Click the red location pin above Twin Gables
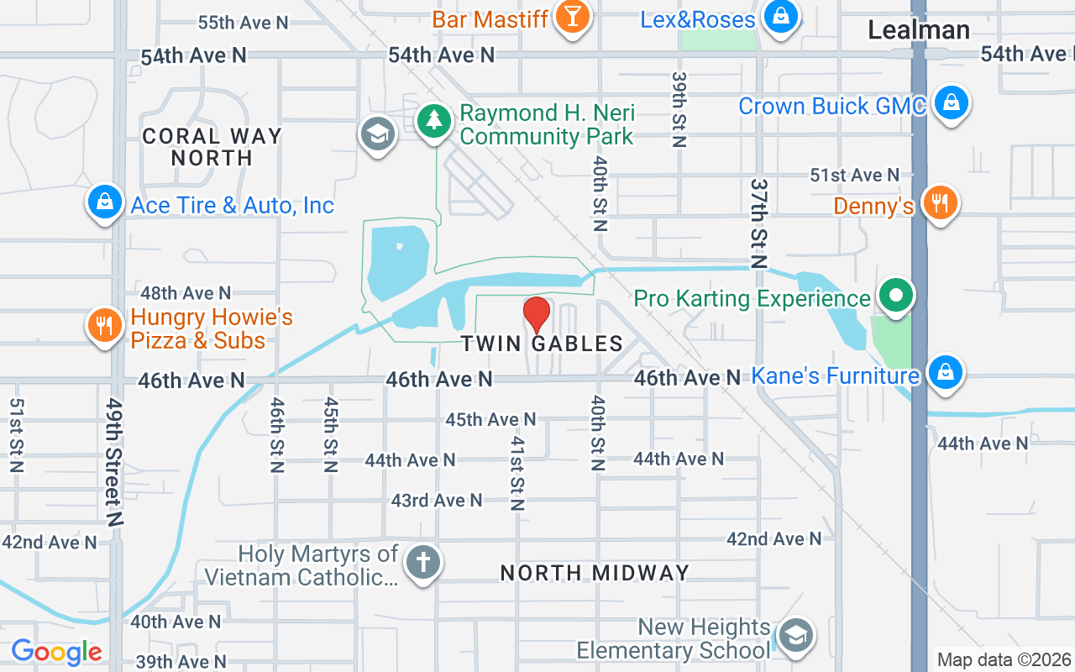pos(537,314)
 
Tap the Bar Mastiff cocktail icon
pos(573,16)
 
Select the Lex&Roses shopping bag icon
pos(780,16)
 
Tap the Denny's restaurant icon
pos(940,203)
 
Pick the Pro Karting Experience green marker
pos(896,296)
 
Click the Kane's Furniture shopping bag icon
pos(945,373)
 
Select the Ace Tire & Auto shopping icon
pos(105,202)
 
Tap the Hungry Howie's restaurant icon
pos(105,326)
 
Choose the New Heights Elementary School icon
pos(794,636)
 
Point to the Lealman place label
pos(918,30)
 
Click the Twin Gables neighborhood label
pos(542,344)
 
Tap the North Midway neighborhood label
pos(595,573)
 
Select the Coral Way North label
pos(212,147)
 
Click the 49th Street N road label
pos(114,461)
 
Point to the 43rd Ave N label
pos(437,501)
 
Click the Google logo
pos(56,652)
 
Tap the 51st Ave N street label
pos(854,175)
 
